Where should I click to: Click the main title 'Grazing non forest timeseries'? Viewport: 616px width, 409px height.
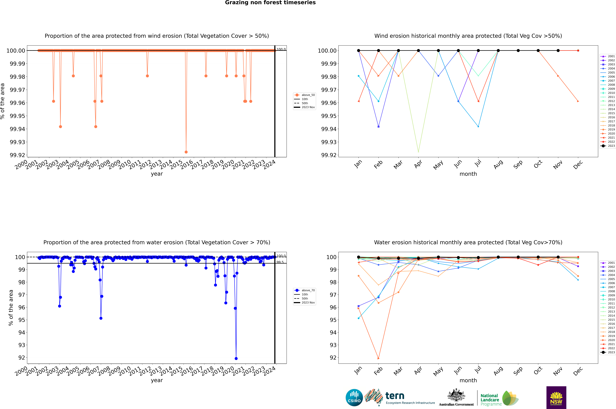point(270,3)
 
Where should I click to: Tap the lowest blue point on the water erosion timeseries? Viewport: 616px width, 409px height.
point(236,358)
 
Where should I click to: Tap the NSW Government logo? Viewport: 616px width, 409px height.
point(556,398)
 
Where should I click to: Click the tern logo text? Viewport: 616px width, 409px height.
point(395,396)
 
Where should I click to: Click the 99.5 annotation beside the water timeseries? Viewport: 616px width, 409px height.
point(280,262)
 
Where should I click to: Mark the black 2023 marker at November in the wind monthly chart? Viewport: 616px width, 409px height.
point(558,51)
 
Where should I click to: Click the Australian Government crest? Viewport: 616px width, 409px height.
point(456,396)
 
